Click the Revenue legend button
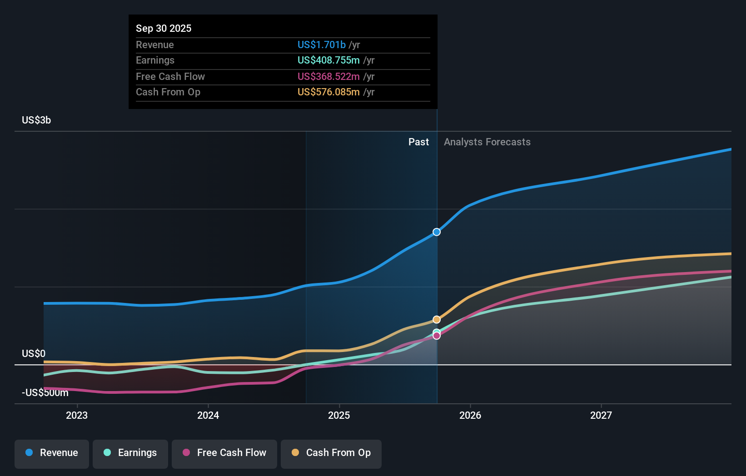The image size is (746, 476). pyautogui.click(x=51, y=453)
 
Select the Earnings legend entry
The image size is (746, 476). pyautogui.click(x=130, y=453)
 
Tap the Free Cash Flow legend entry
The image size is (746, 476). pyautogui.click(x=224, y=453)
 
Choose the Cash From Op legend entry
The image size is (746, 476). pyautogui.click(x=331, y=453)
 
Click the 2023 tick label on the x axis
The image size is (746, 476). pyautogui.click(x=77, y=415)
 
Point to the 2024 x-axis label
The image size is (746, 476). pyautogui.click(x=208, y=415)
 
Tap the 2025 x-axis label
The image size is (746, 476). pyautogui.click(x=339, y=415)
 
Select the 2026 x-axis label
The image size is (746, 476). pyautogui.click(x=470, y=415)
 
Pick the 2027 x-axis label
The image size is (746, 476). pyautogui.click(x=601, y=415)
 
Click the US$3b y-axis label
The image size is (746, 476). pyautogui.click(x=36, y=120)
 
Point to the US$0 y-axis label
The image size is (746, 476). pyautogui.click(x=34, y=353)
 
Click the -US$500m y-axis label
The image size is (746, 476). pyautogui.click(x=45, y=393)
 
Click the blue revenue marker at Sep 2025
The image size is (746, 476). pyautogui.click(x=437, y=232)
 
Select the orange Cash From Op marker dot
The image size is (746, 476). pyautogui.click(x=437, y=320)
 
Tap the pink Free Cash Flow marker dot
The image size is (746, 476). pyautogui.click(x=437, y=336)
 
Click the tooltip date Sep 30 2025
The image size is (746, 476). pyautogui.click(x=164, y=28)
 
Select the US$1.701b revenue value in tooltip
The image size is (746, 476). pyautogui.click(x=321, y=45)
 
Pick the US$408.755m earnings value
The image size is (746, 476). pyautogui.click(x=328, y=60)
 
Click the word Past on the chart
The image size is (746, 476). pyautogui.click(x=418, y=142)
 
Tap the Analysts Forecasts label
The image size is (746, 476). pyautogui.click(x=487, y=142)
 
